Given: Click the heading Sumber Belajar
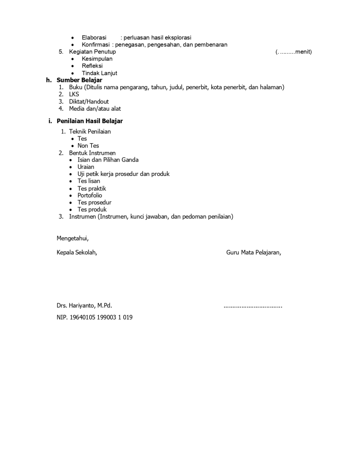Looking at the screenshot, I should point(79,80).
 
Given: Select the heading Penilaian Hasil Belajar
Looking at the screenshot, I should point(90,121).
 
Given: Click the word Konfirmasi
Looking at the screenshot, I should point(96,44).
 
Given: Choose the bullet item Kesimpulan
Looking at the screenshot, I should point(97,59).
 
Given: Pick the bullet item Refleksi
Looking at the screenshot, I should point(92,66).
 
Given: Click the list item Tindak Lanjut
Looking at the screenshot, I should point(100,73).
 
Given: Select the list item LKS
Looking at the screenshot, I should point(74,94).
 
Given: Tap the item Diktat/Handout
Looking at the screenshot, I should point(89,102).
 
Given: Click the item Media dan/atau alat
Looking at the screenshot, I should point(95,108).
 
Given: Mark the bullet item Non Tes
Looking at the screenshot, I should point(88,146).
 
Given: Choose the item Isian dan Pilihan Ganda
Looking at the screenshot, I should point(108,160).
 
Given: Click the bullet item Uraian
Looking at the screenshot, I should point(86,167).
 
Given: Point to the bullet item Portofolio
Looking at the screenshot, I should point(90,196).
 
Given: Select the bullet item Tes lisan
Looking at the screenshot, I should point(89,181).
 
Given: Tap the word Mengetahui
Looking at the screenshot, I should point(72,238).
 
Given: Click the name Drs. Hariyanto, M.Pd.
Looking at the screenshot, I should point(84,306).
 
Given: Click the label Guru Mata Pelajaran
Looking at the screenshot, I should point(254,252).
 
